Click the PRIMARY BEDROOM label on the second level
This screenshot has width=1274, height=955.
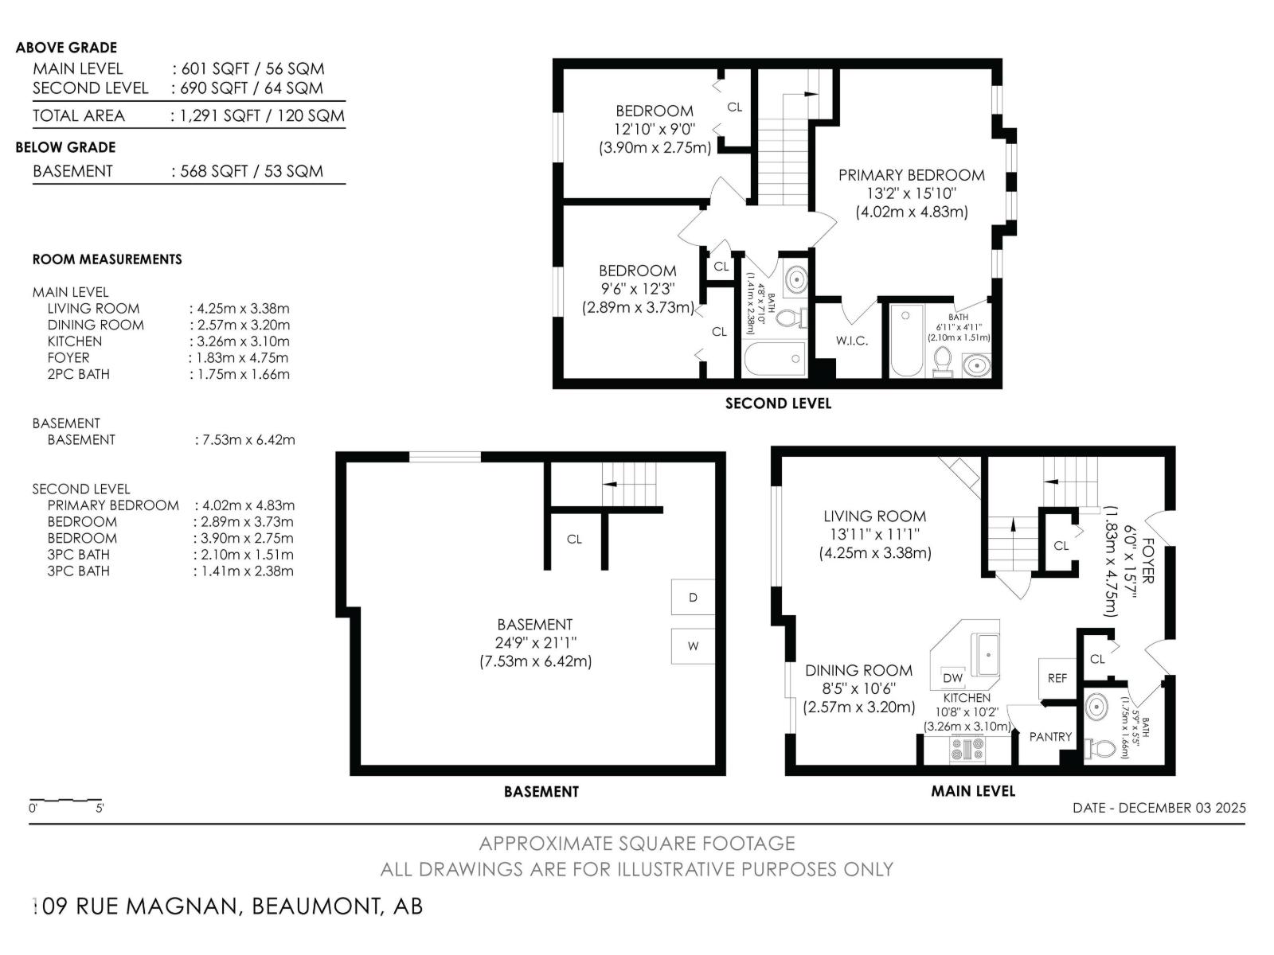(911, 175)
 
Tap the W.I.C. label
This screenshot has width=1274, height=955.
(851, 341)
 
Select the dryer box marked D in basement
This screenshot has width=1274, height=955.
(693, 598)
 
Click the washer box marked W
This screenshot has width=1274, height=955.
(693, 645)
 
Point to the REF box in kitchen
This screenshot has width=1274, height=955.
(1057, 678)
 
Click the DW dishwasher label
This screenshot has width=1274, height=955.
(952, 678)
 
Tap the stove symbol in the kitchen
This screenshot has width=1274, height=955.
(967, 748)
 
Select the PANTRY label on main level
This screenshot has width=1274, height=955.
(1050, 737)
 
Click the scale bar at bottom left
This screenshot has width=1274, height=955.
(65, 800)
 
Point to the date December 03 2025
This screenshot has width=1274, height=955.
(1159, 807)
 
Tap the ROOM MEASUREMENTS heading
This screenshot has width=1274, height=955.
(107, 259)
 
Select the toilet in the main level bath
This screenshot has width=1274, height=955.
(1101, 749)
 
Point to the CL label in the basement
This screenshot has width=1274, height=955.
(574, 540)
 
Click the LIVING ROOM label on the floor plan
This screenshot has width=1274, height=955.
(874, 516)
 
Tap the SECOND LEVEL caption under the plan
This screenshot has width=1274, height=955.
(778, 403)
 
